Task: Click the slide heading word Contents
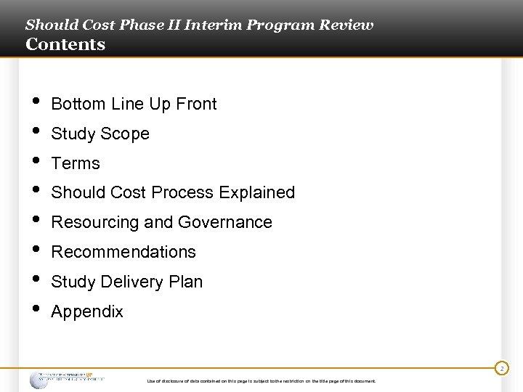[x=65, y=44]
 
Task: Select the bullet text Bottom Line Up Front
[x=134, y=104]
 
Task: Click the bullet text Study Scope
[x=100, y=134]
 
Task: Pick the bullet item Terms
[x=76, y=163]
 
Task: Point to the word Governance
[x=227, y=222]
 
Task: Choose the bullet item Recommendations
[x=123, y=252]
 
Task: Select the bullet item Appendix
[x=87, y=311]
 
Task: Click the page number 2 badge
[x=500, y=369]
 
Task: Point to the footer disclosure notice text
[x=261, y=381]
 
